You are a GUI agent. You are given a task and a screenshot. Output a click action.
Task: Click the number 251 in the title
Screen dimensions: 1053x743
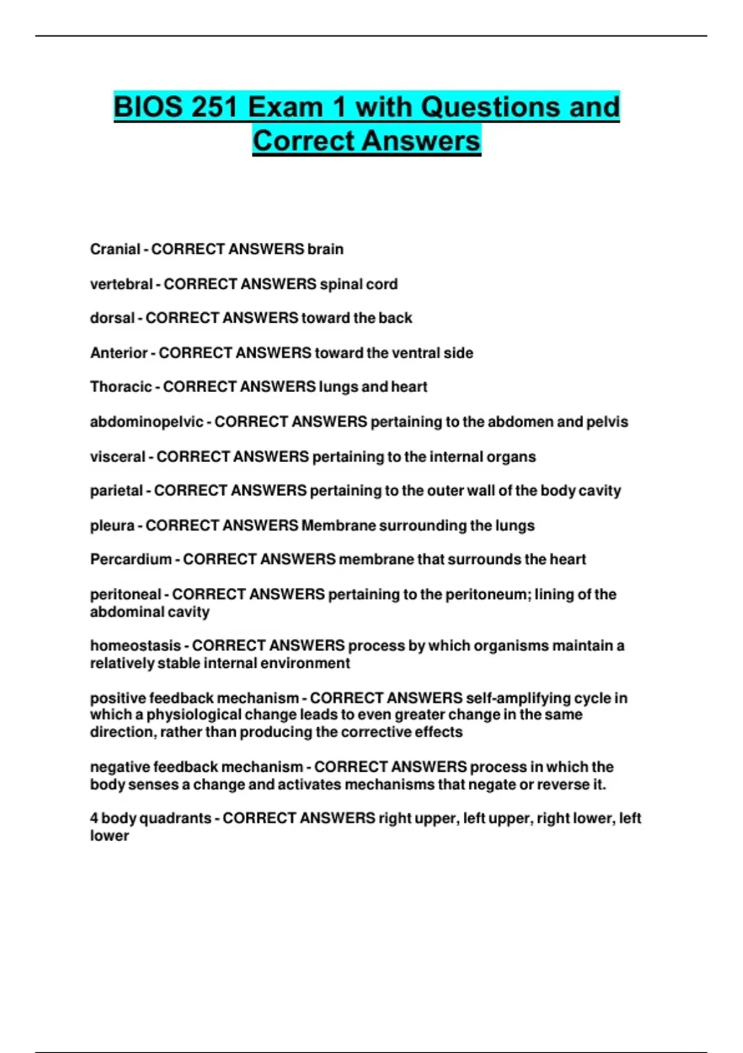tap(214, 107)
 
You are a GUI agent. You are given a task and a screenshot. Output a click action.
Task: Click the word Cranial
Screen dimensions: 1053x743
tap(115, 249)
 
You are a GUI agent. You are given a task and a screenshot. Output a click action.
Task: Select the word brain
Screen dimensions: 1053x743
tap(326, 249)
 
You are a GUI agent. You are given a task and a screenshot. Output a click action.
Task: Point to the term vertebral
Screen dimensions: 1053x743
tap(121, 284)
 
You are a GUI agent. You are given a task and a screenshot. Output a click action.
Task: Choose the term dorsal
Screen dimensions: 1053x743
tap(112, 318)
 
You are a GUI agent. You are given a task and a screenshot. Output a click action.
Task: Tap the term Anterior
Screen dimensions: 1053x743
tap(119, 353)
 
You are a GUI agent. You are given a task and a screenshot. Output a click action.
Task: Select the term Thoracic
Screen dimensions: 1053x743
tap(121, 387)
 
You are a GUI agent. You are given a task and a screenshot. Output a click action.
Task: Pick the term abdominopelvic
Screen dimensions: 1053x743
tap(147, 422)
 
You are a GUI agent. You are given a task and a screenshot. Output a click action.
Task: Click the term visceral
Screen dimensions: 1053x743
tap(118, 457)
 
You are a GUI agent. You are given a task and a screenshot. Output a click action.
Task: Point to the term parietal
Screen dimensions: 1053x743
tap(116, 491)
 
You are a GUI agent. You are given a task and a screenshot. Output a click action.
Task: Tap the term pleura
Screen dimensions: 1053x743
tap(112, 526)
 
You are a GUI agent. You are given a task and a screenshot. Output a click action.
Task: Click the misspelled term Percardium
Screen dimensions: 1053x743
tap(131, 560)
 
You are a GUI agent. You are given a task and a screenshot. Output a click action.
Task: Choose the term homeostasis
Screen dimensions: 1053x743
tap(136, 646)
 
